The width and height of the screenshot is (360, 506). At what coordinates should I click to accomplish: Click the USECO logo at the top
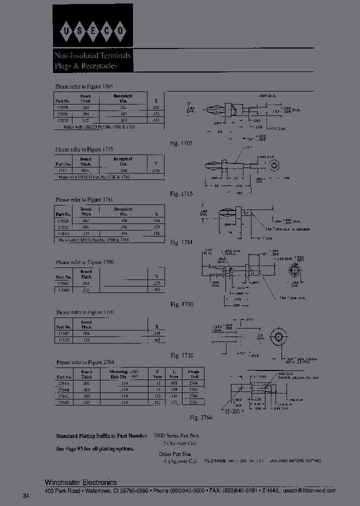(x=92, y=31)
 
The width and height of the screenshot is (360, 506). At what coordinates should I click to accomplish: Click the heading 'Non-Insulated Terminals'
(x=92, y=55)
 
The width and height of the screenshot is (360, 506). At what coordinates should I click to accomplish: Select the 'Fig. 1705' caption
(x=181, y=143)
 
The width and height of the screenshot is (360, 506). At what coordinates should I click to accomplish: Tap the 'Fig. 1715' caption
(x=181, y=193)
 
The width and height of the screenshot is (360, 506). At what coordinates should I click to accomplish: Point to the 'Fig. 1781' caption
(x=181, y=242)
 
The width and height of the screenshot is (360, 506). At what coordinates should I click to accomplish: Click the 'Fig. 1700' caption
(x=181, y=304)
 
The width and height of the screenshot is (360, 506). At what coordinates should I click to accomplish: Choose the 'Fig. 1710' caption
(x=181, y=355)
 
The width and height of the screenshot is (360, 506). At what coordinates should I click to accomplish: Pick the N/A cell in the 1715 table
(x=86, y=170)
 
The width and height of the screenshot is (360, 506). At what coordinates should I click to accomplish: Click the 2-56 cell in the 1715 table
(x=156, y=170)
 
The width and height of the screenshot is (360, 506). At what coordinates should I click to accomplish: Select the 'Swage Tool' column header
(x=193, y=374)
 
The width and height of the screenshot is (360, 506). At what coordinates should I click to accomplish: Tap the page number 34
(x=26, y=496)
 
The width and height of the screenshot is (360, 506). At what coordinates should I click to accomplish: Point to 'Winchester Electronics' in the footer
(x=81, y=482)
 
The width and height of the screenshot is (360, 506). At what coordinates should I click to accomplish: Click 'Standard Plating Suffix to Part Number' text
(x=101, y=436)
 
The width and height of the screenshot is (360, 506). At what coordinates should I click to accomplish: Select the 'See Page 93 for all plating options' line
(x=95, y=449)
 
